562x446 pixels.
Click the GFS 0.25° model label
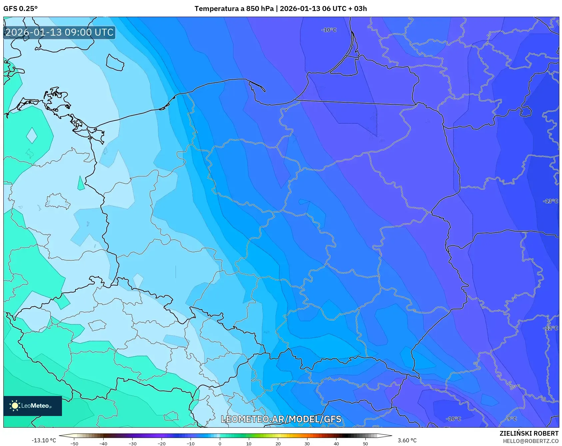pyautogui.click(x=20, y=9)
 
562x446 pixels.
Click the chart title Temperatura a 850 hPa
pyautogui.click(x=234, y=9)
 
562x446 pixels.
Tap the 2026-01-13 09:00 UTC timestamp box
pyautogui.click(x=59, y=32)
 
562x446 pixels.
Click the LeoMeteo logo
pyautogui.click(x=32, y=406)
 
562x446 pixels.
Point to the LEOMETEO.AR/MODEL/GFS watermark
pyautogui.click(x=281, y=419)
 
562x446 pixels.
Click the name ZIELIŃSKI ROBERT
pyautogui.click(x=529, y=433)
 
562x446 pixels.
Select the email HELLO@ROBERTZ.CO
pyautogui.click(x=530, y=441)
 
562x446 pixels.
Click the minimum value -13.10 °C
pyautogui.click(x=44, y=440)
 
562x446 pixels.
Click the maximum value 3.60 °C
pyautogui.click(x=407, y=440)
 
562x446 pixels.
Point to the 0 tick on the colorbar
pyautogui.click(x=220, y=443)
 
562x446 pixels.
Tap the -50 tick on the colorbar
pyautogui.click(x=74, y=443)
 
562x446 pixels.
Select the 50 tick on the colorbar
pyautogui.click(x=365, y=443)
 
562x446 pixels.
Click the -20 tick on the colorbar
pyautogui.click(x=161, y=443)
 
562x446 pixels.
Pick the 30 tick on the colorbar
pyautogui.click(x=307, y=443)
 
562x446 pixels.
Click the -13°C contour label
pyautogui.click(x=550, y=201)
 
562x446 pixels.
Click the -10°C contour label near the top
pyautogui.click(x=329, y=30)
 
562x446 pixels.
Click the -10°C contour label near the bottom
pyautogui.click(x=453, y=419)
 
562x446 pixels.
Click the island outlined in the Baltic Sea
pyautogui.click(x=115, y=62)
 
